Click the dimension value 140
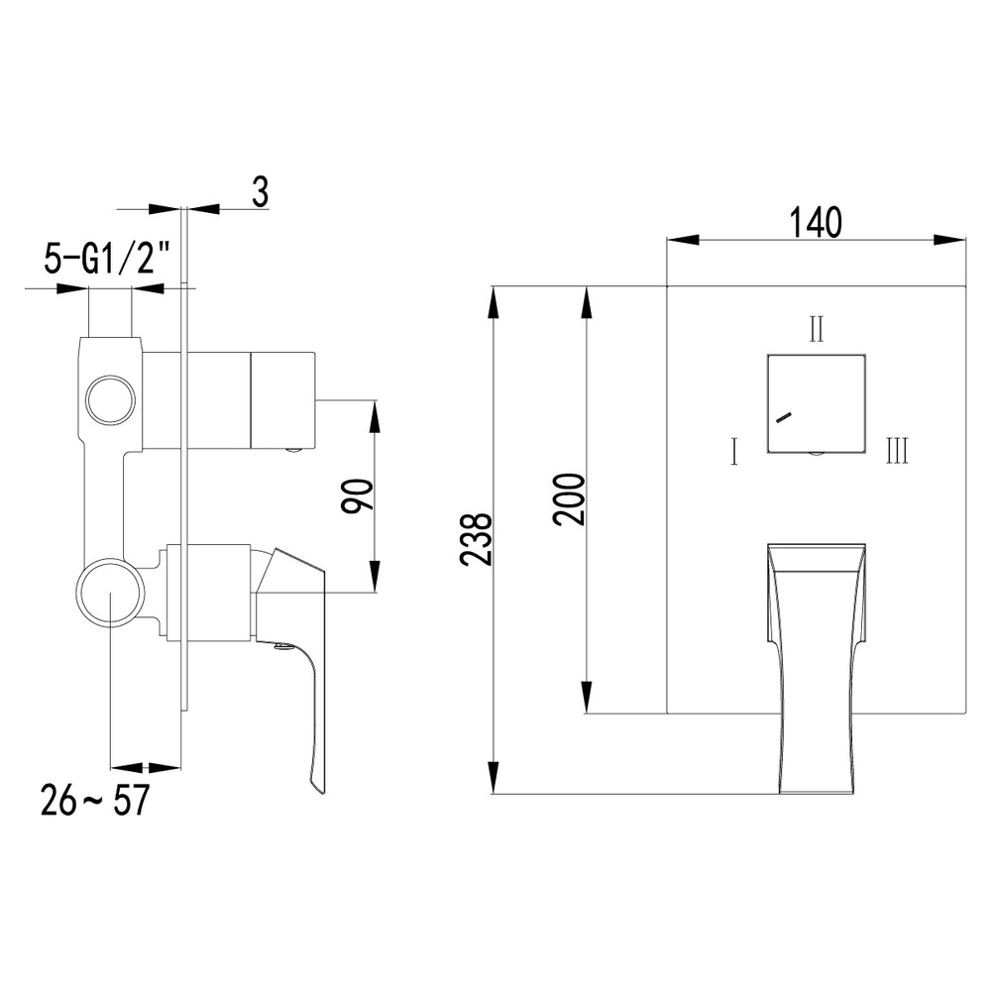point(816,222)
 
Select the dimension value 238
point(477,539)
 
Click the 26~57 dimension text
point(94,799)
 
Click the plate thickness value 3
point(259,192)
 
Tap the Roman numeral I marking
point(733,453)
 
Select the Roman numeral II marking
point(816,328)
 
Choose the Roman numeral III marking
point(897,453)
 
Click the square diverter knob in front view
point(816,402)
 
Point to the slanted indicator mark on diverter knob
point(784,417)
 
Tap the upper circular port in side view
point(109,400)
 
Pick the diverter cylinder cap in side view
point(282,399)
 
